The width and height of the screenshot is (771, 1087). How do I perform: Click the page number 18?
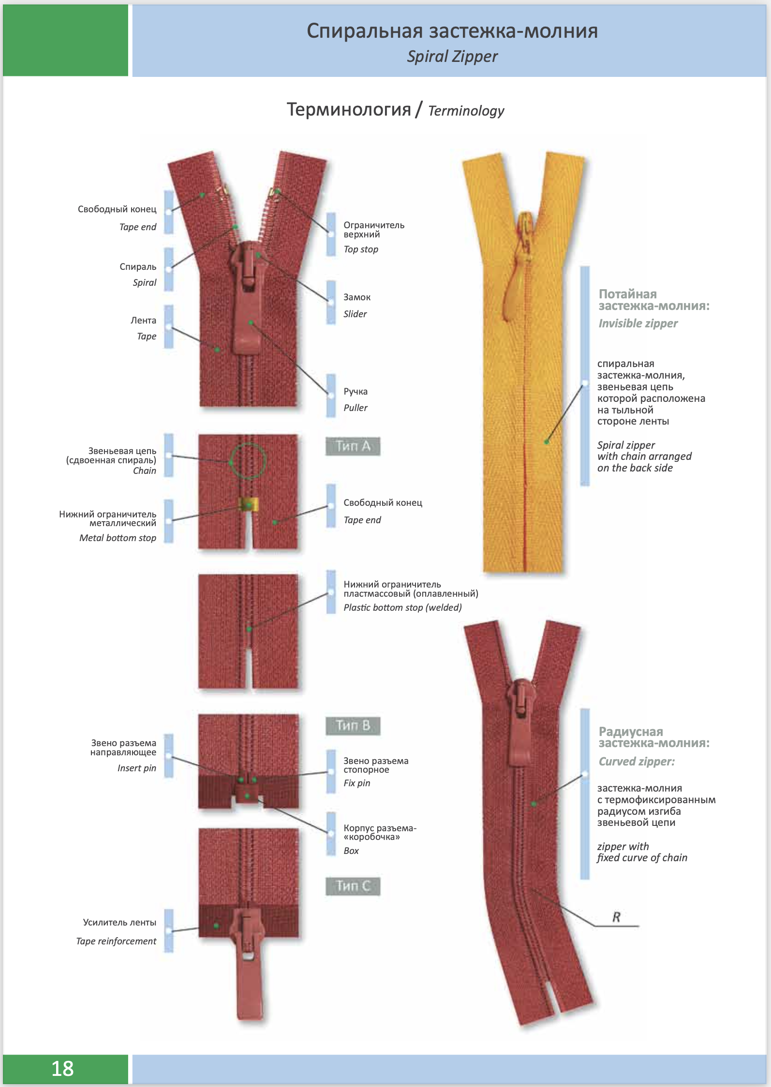pos(63,1069)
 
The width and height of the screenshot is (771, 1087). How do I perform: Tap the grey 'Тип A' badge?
pos(353,446)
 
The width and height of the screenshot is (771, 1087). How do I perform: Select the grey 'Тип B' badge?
pos(353,725)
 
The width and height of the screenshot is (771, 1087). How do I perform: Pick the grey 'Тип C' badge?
pos(353,886)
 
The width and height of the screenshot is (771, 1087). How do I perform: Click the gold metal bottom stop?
pos(249,504)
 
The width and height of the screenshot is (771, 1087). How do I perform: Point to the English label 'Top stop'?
pos(361,250)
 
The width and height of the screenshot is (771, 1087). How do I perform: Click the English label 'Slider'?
pos(355,314)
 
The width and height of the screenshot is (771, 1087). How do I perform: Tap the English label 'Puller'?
pos(356,408)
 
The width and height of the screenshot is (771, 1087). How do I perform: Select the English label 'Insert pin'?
pos(137,768)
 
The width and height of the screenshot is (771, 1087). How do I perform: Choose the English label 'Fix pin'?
pos(357,783)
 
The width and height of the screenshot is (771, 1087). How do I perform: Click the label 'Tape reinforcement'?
pos(116,941)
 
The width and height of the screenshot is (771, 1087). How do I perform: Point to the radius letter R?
pos(616,917)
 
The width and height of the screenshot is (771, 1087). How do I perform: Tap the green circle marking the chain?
pos(248,461)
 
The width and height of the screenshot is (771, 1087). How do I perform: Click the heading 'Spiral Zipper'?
pos(452,57)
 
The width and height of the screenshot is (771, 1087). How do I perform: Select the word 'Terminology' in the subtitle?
pos(466,111)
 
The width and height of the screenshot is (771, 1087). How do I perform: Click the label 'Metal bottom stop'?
pos(118,538)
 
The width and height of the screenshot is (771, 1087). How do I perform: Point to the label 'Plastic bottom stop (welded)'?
pos(402,607)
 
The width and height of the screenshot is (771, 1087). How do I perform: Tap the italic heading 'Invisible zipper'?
pos(638,323)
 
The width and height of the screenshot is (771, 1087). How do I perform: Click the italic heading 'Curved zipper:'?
pos(637,762)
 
